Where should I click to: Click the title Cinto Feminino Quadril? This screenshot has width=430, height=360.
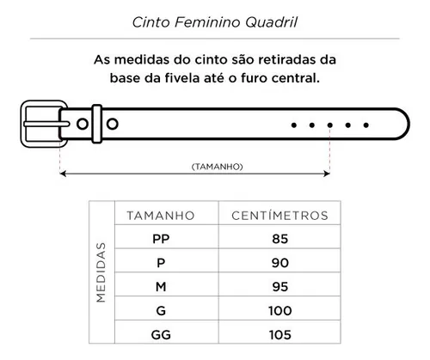coord(215,22)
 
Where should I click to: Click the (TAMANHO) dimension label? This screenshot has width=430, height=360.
coord(218,167)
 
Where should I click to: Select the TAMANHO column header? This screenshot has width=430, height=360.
coord(161,216)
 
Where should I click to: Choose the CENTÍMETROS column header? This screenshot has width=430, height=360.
coord(279,216)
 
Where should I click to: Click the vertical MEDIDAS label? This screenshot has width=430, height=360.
coord(101,272)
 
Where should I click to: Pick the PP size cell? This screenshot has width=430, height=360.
coord(161,239)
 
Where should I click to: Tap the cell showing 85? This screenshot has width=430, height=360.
coord(280,239)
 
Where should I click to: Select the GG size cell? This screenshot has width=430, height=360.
coord(161,334)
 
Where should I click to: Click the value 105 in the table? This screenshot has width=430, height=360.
coord(280,334)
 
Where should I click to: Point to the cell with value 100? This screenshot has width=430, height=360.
coord(280,311)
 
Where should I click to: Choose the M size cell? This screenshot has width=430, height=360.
coord(161,287)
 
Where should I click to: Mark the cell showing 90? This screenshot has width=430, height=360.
coord(280,263)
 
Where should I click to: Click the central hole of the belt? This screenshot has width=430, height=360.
coord(330,125)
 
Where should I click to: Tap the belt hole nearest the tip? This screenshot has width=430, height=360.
coord(366,125)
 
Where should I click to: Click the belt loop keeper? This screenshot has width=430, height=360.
coord(96,124)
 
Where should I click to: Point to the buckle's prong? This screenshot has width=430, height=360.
coord(46,124)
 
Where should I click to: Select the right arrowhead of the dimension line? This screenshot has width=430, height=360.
coord(327,174)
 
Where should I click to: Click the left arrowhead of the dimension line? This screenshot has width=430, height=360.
coord(64,174)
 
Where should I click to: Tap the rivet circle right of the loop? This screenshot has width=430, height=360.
coord(113,124)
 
